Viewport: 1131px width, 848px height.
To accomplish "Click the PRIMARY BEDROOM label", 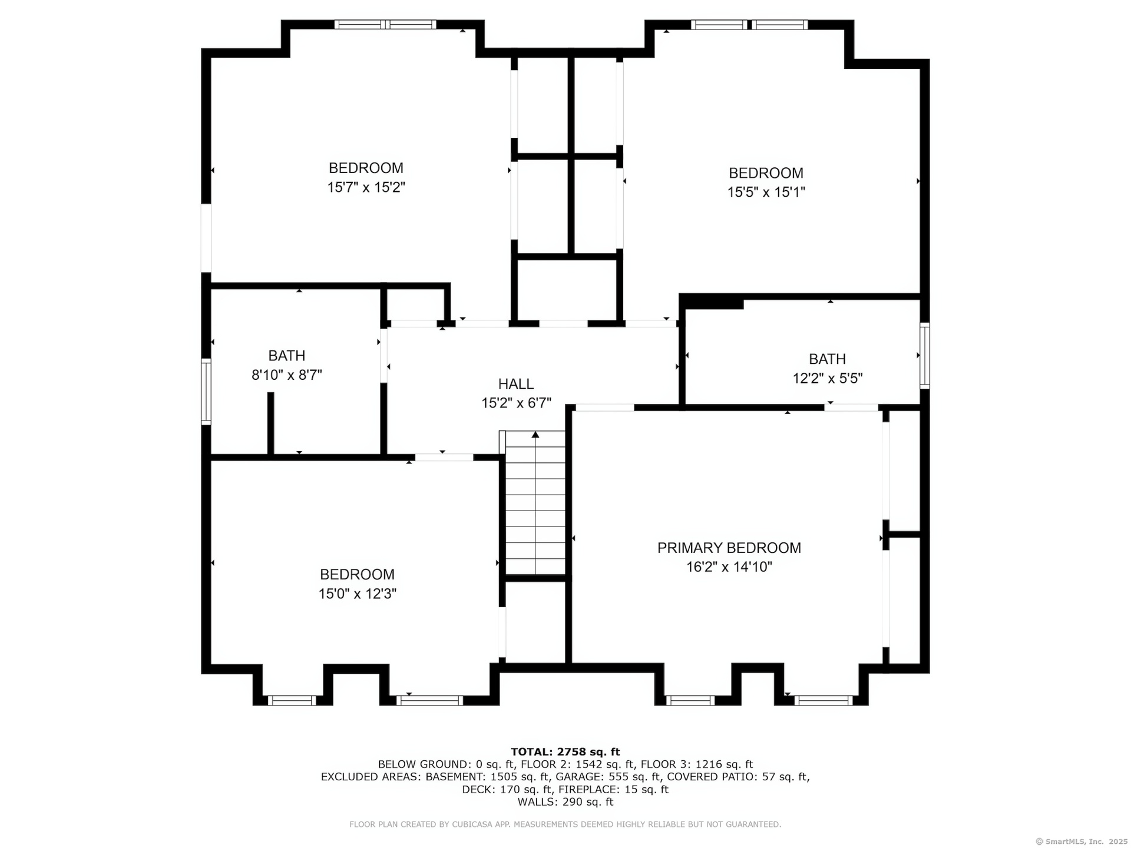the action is click(729, 548).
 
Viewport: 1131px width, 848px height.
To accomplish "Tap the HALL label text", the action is click(516, 384).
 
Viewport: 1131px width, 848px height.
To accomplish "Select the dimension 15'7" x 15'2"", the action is click(366, 187).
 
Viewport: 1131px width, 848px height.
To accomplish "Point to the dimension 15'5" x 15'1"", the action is click(766, 192).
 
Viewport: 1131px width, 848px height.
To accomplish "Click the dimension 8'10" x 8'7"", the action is click(287, 375).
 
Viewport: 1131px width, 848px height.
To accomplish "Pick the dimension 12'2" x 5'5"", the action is click(828, 378).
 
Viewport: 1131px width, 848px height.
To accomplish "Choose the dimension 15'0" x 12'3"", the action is click(358, 594).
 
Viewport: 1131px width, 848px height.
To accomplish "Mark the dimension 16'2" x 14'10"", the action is click(729, 567).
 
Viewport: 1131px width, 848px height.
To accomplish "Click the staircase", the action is click(535, 503).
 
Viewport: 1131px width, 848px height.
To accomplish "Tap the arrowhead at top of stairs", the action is click(535, 435).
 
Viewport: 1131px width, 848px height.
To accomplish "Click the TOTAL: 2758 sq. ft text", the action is click(565, 751).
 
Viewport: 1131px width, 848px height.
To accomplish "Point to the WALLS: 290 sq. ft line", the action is click(565, 802).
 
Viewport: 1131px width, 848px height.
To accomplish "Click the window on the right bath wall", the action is click(925, 355).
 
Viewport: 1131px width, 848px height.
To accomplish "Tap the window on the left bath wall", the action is click(206, 392).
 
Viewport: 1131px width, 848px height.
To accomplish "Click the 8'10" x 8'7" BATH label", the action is click(287, 356).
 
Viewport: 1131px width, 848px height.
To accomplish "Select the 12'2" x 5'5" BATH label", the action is click(828, 359).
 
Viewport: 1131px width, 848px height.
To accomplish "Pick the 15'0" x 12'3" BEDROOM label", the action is click(358, 574).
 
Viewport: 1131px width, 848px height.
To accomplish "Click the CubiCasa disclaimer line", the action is click(565, 824).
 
